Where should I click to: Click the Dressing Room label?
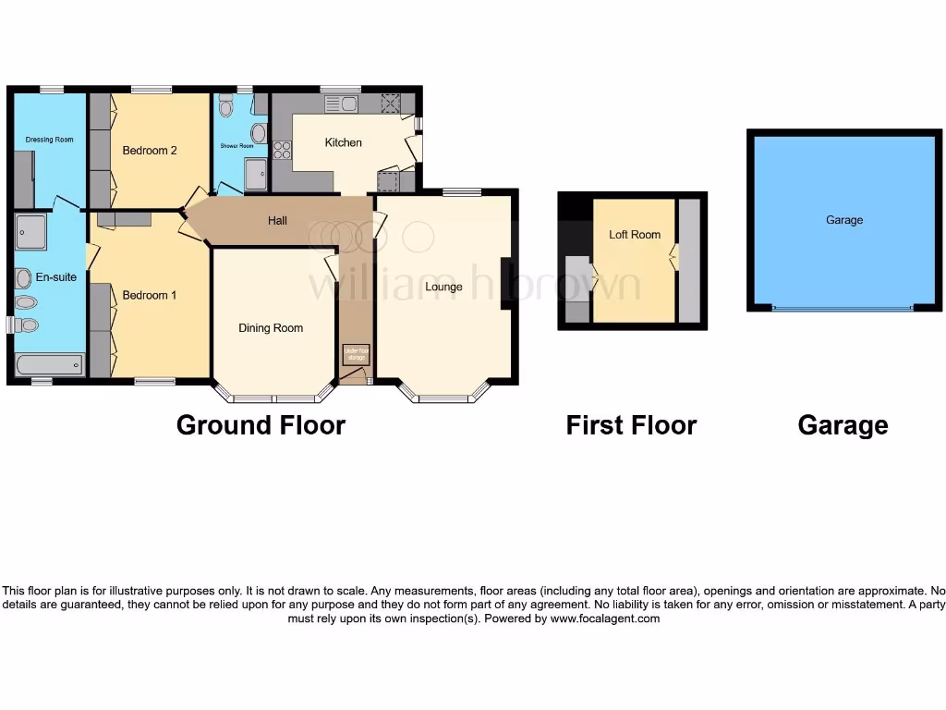(49, 140)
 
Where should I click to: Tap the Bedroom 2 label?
(150, 151)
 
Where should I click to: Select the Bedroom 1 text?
(150, 296)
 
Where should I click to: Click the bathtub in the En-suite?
(49, 367)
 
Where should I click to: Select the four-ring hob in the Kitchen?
(283, 149)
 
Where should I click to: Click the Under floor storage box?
(356, 353)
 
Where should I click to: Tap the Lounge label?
(443, 287)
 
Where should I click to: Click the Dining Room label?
(271, 328)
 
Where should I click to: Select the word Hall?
(277, 221)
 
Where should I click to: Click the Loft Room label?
(635, 235)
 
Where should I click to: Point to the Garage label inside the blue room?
(844, 220)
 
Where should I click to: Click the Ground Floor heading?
(261, 425)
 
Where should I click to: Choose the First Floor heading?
(631, 425)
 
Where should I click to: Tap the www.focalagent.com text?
(605, 619)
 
